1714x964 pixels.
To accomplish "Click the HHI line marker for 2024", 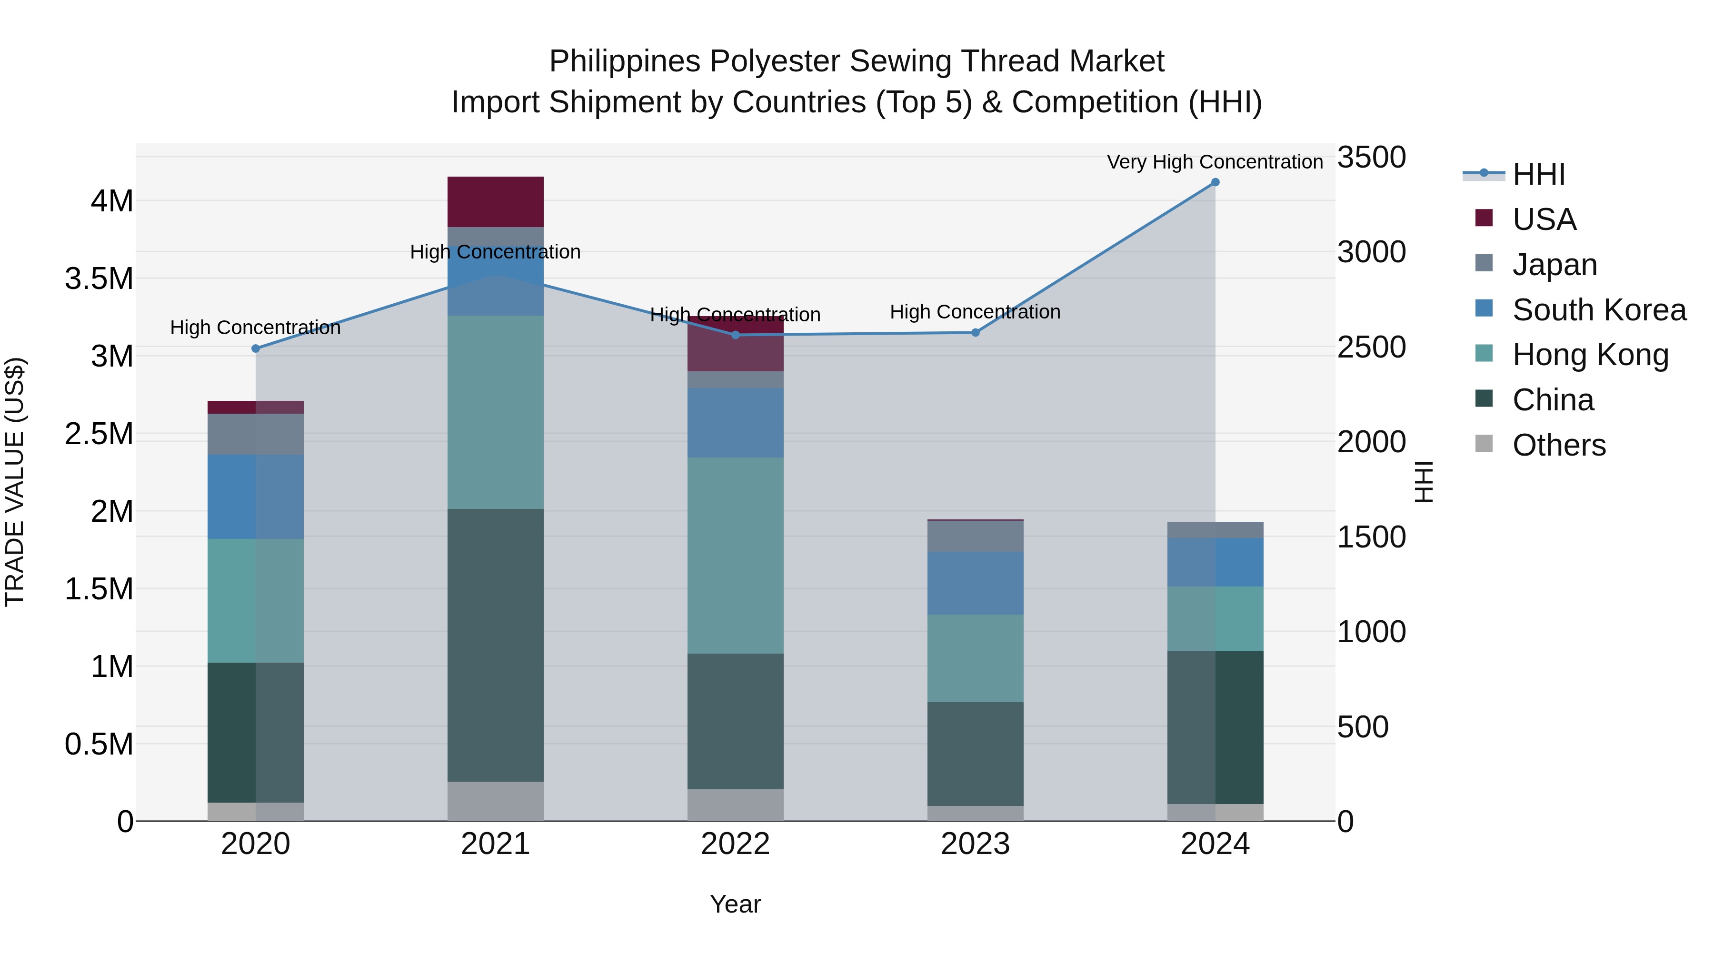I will pyautogui.click(x=1215, y=182).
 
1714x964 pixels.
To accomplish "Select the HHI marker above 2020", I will pyautogui.click(x=256, y=348).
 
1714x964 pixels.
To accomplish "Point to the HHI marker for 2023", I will pyautogui.click(x=976, y=333).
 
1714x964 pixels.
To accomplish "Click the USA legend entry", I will pyautogui.click(x=1544, y=219).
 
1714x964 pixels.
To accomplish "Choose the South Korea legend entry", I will pyautogui.click(x=1599, y=310).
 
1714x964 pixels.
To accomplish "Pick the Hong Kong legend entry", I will pyautogui.click(x=1590, y=355).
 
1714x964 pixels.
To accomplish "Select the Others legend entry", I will pyautogui.click(x=1558, y=445).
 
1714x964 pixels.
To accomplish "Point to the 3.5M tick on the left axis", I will pyautogui.click(x=99, y=279).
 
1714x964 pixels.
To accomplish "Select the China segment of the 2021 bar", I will pyautogui.click(x=495, y=646).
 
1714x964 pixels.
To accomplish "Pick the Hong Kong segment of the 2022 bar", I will pyautogui.click(x=735, y=556).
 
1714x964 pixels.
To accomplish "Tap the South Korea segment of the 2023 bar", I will pyautogui.click(x=976, y=583).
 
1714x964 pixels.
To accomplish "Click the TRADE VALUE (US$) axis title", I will pyautogui.click(x=15, y=482).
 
